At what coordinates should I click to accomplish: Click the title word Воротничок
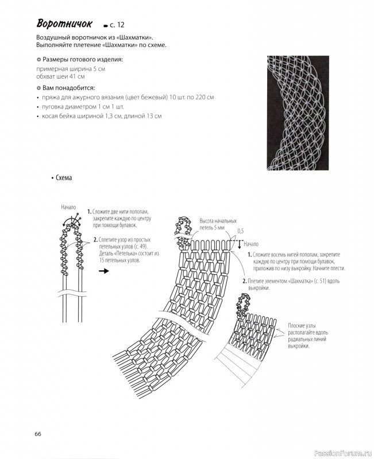click(64, 24)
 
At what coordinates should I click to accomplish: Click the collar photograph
click(299, 112)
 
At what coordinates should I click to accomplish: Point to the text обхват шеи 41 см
click(60, 76)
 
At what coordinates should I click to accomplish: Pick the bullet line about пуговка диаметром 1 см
click(82, 107)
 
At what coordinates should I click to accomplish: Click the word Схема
click(63, 178)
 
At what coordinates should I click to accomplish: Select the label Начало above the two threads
click(68, 207)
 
